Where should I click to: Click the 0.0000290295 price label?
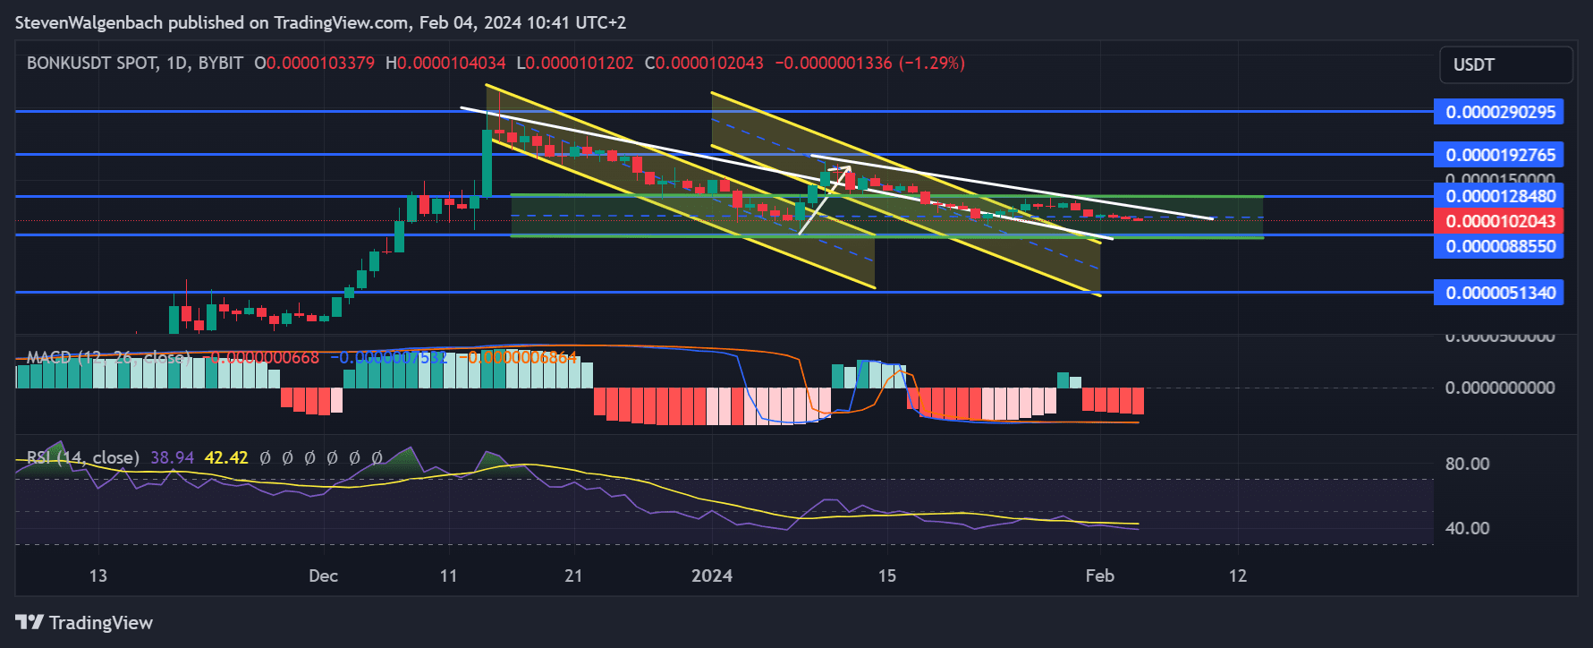coord(1498,112)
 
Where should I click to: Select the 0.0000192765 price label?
coord(1498,155)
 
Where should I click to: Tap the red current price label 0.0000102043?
coord(1498,221)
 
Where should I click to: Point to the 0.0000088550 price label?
coord(1498,246)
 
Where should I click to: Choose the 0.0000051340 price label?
coord(1498,293)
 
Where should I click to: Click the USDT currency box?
coord(1505,64)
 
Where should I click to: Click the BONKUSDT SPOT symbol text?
coord(91,64)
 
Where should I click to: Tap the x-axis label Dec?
coord(323,576)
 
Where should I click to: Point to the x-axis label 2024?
coord(712,576)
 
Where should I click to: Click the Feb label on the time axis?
coord(1099,576)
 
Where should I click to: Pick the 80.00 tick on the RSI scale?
coord(1467,464)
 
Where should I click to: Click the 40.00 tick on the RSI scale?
coord(1467,528)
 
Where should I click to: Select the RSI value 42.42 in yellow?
coord(226,457)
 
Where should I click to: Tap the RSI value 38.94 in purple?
coord(172,457)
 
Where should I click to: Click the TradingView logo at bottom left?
coord(84,622)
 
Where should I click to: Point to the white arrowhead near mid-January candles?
coord(846,168)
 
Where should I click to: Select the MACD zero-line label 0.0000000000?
coord(1499,388)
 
